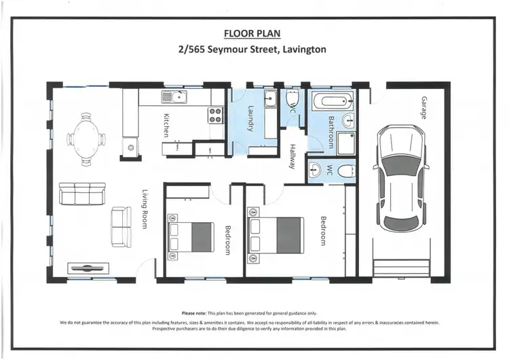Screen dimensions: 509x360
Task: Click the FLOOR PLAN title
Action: [252, 33]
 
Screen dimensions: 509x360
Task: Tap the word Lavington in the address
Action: [305, 50]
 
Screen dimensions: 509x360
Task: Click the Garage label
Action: [424, 108]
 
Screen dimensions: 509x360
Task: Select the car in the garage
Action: [401, 179]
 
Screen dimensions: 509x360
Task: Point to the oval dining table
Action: [86, 139]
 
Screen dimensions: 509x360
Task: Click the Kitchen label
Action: [166, 125]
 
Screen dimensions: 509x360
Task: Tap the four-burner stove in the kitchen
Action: [215, 115]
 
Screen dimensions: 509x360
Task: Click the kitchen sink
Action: [174, 97]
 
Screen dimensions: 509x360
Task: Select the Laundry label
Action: [250, 119]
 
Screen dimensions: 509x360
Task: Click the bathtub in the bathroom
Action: [333, 100]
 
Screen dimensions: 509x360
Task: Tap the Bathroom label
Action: [331, 132]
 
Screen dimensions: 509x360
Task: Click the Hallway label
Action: [293, 156]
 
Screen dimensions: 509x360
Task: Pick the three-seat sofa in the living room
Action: [82, 194]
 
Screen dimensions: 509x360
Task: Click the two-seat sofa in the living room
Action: [121, 227]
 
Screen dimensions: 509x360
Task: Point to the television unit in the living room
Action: [88, 268]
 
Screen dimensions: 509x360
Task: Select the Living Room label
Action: [145, 209]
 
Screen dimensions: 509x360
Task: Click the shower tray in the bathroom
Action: [345, 143]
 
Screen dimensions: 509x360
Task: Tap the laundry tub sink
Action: [270, 98]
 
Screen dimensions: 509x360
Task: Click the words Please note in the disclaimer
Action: [194, 313]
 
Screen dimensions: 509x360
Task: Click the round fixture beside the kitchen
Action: [131, 147]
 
